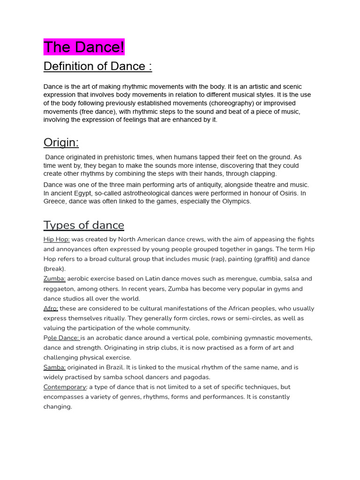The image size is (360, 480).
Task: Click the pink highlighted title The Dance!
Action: click(84, 47)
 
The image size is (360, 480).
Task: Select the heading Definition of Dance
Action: click(97, 67)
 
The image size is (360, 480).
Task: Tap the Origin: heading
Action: click(61, 142)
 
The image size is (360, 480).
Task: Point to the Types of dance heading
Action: click(84, 225)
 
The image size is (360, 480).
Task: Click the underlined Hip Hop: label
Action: click(56, 240)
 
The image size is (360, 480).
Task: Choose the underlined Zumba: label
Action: click(54, 279)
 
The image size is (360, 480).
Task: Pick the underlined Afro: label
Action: click(51, 308)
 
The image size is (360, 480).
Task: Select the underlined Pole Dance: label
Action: click(62, 338)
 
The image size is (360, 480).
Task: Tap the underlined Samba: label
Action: click(54, 367)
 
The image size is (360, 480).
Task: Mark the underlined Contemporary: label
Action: click(65, 387)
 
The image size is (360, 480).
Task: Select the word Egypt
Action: click(81, 193)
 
